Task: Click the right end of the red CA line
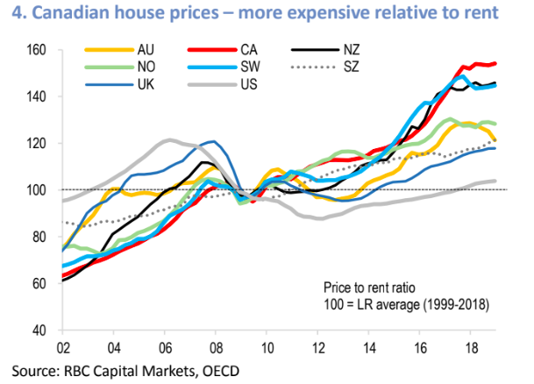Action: click(496, 62)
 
